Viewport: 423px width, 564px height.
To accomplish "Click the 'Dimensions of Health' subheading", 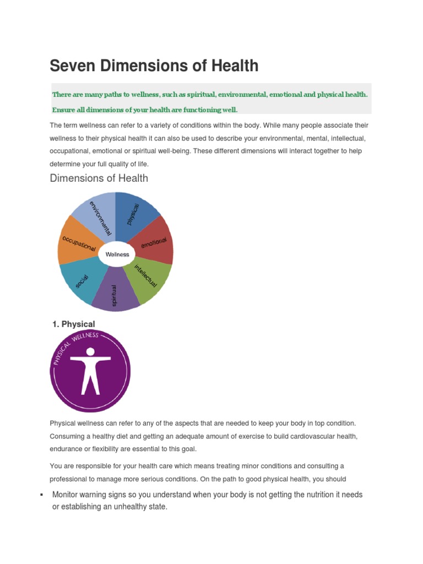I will click(99, 178).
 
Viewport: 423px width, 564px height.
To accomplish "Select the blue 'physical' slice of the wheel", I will click(135, 215).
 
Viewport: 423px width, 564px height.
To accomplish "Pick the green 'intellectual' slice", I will click(147, 278).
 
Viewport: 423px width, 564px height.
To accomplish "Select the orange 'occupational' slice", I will click(77, 242).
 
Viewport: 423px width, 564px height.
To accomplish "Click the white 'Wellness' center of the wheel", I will click(117, 254).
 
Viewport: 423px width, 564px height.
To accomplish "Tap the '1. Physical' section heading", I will click(73, 324).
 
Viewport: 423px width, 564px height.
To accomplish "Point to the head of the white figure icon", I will click(90, 351).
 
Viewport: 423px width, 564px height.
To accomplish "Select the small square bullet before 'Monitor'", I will click(42, 495).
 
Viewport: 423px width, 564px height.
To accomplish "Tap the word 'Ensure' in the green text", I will click(64, 109).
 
